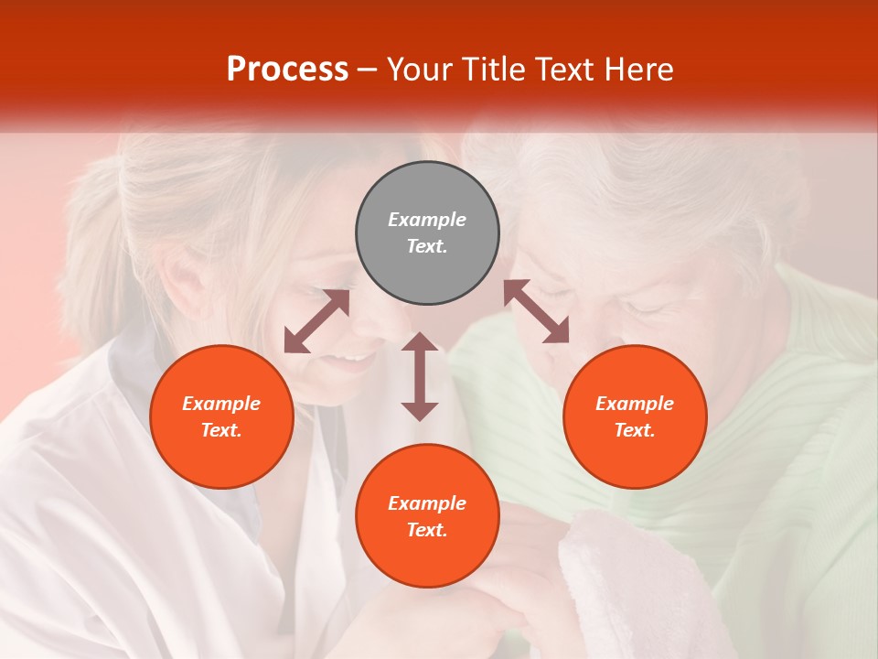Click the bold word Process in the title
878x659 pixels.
287,70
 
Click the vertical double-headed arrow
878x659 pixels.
420,376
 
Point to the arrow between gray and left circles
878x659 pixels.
316,321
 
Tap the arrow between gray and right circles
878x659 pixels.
536,311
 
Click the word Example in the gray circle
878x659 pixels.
427,220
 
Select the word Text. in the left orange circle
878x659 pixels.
221,430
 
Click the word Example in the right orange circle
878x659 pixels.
635,404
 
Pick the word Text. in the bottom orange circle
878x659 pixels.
427,530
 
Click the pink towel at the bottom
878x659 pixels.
631,586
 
